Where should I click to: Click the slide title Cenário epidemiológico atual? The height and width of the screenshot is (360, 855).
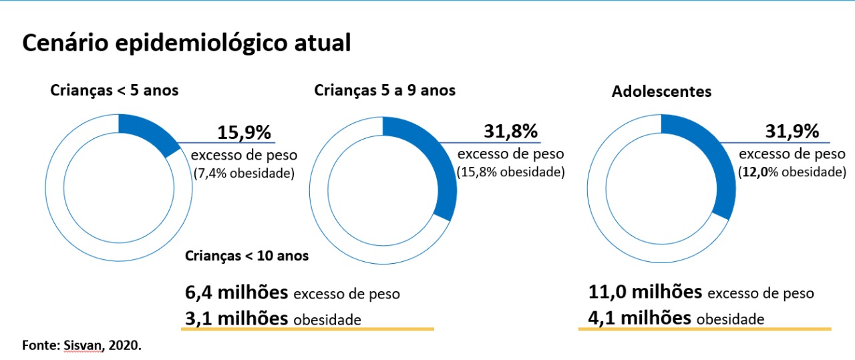tap(186, 43)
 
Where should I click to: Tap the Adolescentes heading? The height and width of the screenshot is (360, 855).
tap(661, 92)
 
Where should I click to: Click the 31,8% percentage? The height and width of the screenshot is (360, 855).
tap(510, 132)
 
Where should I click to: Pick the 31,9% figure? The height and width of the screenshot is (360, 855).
tap(792, 132)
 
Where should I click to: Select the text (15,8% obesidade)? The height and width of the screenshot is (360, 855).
tap(510, 172)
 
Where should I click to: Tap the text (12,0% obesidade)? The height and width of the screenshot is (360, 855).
tap(792, 172)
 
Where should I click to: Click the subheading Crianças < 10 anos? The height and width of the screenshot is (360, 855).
tap(246, 256)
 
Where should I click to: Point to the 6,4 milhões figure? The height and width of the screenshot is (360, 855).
tap(236, 292)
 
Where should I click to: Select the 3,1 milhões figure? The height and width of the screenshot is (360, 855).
tap(236, 318)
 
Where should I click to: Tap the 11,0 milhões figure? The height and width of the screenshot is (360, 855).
tap(645, 292)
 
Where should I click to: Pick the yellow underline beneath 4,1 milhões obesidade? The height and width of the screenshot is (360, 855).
tap(704, 329)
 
